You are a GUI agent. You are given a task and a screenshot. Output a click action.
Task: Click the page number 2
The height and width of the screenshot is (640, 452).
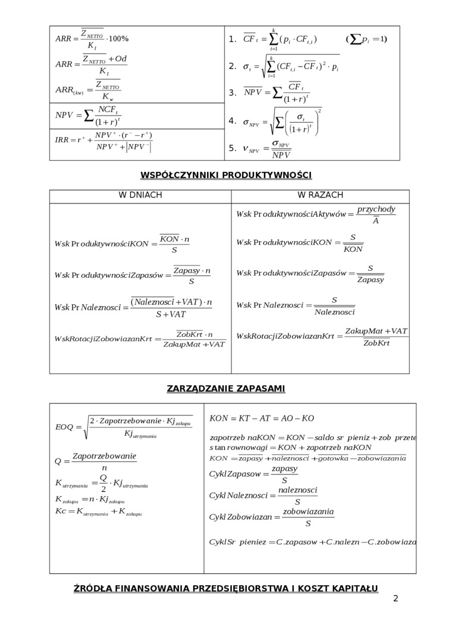395,598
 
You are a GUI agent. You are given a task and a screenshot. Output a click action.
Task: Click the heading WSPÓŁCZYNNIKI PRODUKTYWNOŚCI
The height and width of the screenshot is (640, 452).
226,174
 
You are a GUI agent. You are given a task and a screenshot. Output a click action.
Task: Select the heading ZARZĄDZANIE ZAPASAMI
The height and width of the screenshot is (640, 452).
226,388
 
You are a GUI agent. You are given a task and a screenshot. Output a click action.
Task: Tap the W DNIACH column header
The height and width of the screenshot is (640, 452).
140,195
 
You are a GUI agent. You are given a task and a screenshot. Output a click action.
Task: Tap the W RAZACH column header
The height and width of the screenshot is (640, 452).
320,195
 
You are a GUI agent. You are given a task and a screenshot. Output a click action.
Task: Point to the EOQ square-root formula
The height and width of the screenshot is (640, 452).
124,426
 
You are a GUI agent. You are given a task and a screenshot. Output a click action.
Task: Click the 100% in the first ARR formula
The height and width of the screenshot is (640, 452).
118,39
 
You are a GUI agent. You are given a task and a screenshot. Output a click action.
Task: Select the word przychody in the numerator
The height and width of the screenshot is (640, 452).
376,210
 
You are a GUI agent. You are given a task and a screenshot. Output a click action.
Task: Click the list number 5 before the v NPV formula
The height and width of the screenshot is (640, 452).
232,148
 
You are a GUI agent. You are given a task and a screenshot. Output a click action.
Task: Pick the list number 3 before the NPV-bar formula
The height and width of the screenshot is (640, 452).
232,93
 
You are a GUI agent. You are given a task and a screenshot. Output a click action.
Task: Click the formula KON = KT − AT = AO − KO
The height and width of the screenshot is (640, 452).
262,419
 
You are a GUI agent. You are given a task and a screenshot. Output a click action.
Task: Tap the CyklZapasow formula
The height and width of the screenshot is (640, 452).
254,474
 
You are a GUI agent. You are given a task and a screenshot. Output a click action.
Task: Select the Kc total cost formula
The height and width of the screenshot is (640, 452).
98,511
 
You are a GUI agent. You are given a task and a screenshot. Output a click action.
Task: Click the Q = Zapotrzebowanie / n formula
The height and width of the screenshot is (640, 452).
96,461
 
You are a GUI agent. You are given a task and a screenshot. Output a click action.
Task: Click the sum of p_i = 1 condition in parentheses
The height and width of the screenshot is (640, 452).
366,39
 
